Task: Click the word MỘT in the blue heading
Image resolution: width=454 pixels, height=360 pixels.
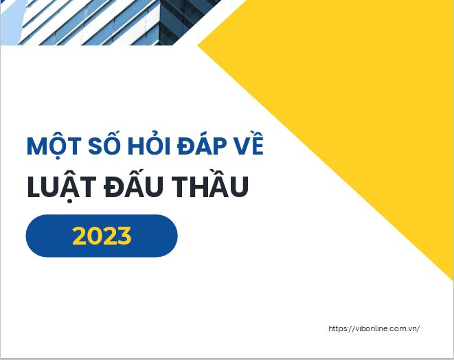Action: click(54, 146)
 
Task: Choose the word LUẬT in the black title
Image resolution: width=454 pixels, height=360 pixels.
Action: click(62, 186)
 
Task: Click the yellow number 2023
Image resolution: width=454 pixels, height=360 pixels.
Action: click(102, 236)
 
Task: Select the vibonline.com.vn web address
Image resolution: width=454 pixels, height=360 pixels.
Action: click(374, 328)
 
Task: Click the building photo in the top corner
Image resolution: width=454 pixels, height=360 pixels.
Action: click(110, 22)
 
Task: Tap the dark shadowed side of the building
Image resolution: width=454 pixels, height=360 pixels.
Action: click(185, 21)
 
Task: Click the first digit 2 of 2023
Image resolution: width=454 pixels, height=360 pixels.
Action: click(80, 236)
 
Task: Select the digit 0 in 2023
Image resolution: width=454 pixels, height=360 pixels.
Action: click(95, 236)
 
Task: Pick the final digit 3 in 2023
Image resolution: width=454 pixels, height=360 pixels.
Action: click(124, 236)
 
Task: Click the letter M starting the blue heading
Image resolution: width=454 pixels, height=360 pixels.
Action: click(36, 146)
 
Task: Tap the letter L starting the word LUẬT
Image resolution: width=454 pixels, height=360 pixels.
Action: click(33, 187)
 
